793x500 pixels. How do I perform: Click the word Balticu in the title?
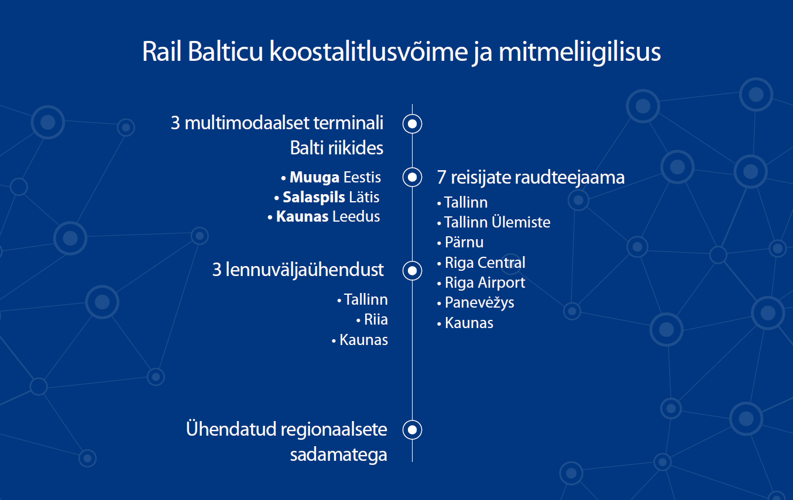tap(225, 51)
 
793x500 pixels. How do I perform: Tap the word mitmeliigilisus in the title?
tap(580, 51)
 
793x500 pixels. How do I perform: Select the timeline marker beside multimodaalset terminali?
tap(412, 124)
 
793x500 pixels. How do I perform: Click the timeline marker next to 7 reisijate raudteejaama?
tap(412, 177)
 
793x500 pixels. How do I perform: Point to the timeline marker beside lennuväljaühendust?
tap(412, 271)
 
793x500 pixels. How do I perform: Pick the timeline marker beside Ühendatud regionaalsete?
tap(412, 430)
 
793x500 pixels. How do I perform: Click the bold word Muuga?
tap(314, 178)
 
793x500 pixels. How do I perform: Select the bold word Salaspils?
tap(314, 197)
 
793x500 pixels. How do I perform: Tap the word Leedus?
tap(356, 216)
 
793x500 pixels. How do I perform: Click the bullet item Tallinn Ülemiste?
tap(497, 222)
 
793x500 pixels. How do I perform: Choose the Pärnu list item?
tap(464, 242)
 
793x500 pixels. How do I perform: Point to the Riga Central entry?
tap(485, 263)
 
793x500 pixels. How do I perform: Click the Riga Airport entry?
tap(485, 282)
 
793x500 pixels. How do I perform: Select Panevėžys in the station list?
tap(479, 303)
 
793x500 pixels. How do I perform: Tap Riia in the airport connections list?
tap(376, 319)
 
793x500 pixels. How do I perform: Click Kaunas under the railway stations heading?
tap(469, 323)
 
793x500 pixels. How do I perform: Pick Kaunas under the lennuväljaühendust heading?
tap(363, 340)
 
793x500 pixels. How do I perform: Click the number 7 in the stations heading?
tap(441, 177)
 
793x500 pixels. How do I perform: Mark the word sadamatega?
tap(338, 455)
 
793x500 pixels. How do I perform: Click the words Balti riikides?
tap(337, 148)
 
